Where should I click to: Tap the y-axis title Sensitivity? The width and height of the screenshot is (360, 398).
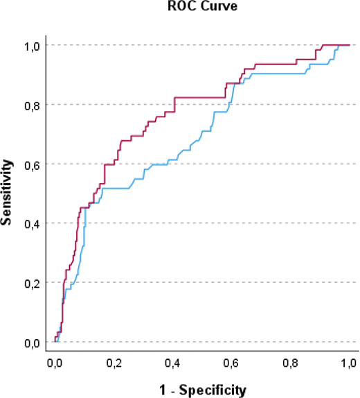(x=9, y=193)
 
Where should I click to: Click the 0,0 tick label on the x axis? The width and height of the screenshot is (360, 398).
(x=55, y=363)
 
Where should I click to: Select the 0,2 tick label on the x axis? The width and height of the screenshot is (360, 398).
(x=114, y=363)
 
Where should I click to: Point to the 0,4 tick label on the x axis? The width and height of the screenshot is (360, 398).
(x=173, y=363)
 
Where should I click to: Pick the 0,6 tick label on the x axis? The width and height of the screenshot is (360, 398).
(x=232, y=363)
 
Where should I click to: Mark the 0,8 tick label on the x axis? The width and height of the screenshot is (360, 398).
(x=291, y=363)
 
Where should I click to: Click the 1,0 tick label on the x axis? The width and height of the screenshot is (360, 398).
(x=350, y=363)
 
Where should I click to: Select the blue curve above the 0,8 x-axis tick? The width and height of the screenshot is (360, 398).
(x=291, y=72)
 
